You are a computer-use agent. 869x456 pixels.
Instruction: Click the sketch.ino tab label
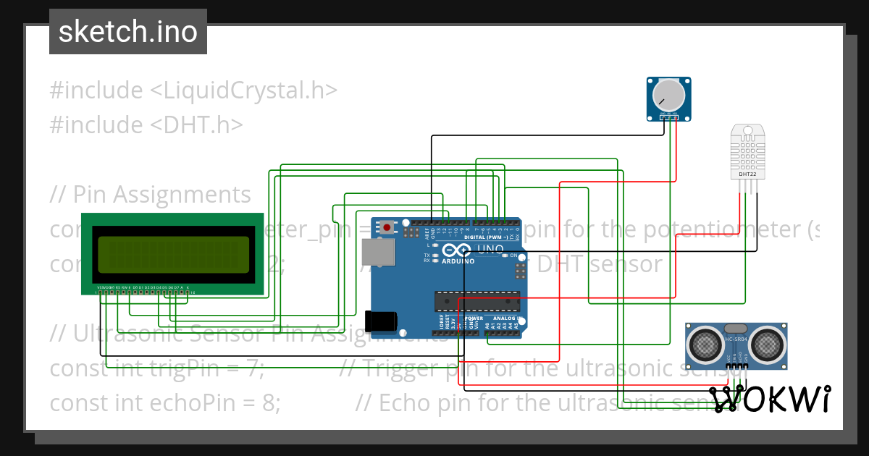pos(127,32)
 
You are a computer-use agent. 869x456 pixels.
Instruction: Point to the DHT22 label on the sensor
pos(747,174)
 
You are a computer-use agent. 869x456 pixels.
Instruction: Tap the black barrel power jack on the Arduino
pos(382,321)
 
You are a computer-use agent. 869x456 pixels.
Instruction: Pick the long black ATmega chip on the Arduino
pos(477,300)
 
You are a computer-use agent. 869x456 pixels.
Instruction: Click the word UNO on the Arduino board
pos(490,249)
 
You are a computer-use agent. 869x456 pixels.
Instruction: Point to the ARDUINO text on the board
pos(458,261)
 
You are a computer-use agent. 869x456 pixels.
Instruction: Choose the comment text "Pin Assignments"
pos(161,194)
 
